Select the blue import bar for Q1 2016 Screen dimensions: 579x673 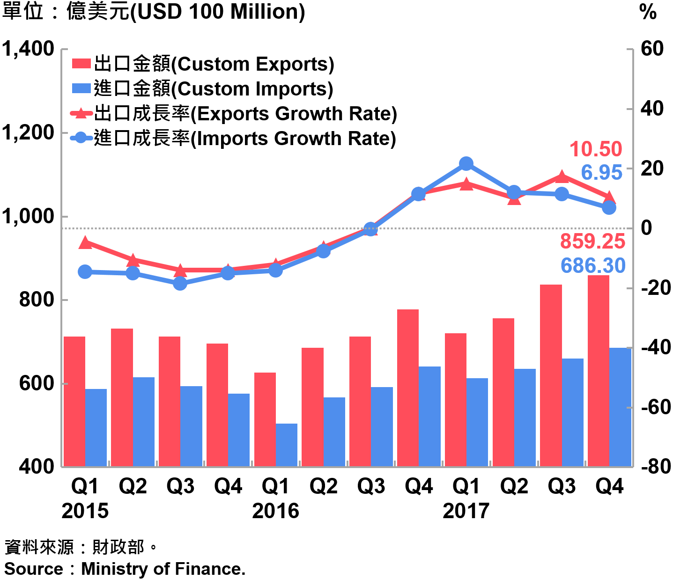coord(287,445)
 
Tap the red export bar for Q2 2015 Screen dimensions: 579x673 coord(122,397)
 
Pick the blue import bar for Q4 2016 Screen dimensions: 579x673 coord(429,416)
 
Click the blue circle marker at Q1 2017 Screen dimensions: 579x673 coord(466,164)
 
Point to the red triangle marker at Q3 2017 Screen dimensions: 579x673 coord(562,176)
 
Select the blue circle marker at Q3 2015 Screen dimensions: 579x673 coord(180,283)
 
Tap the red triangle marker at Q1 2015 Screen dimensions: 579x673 coord(85,242)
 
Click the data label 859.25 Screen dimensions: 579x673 coord(592,242)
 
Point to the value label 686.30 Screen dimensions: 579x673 coord(593,266)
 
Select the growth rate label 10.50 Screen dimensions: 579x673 coord(595,149)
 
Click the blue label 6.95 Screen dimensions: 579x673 coord(601,173)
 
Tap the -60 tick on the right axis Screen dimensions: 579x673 coord(652,407)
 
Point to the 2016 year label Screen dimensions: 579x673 coord(275,511)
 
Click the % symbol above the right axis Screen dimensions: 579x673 coord(648,13)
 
